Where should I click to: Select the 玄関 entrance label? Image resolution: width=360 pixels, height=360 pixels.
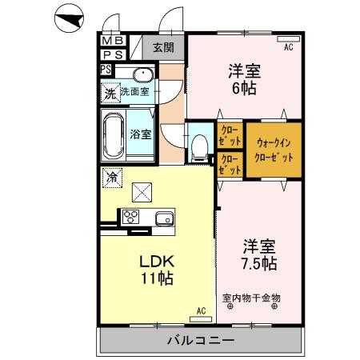(164, 45)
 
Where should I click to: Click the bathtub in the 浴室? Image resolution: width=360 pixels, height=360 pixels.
(114, 134)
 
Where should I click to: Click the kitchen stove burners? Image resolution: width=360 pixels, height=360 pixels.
(130, 217)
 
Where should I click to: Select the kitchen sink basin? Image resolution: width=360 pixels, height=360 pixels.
(164, 217)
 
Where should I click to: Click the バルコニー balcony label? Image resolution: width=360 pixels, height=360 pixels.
(200, 340)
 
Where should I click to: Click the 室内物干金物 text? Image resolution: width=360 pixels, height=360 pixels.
(251, 298)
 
